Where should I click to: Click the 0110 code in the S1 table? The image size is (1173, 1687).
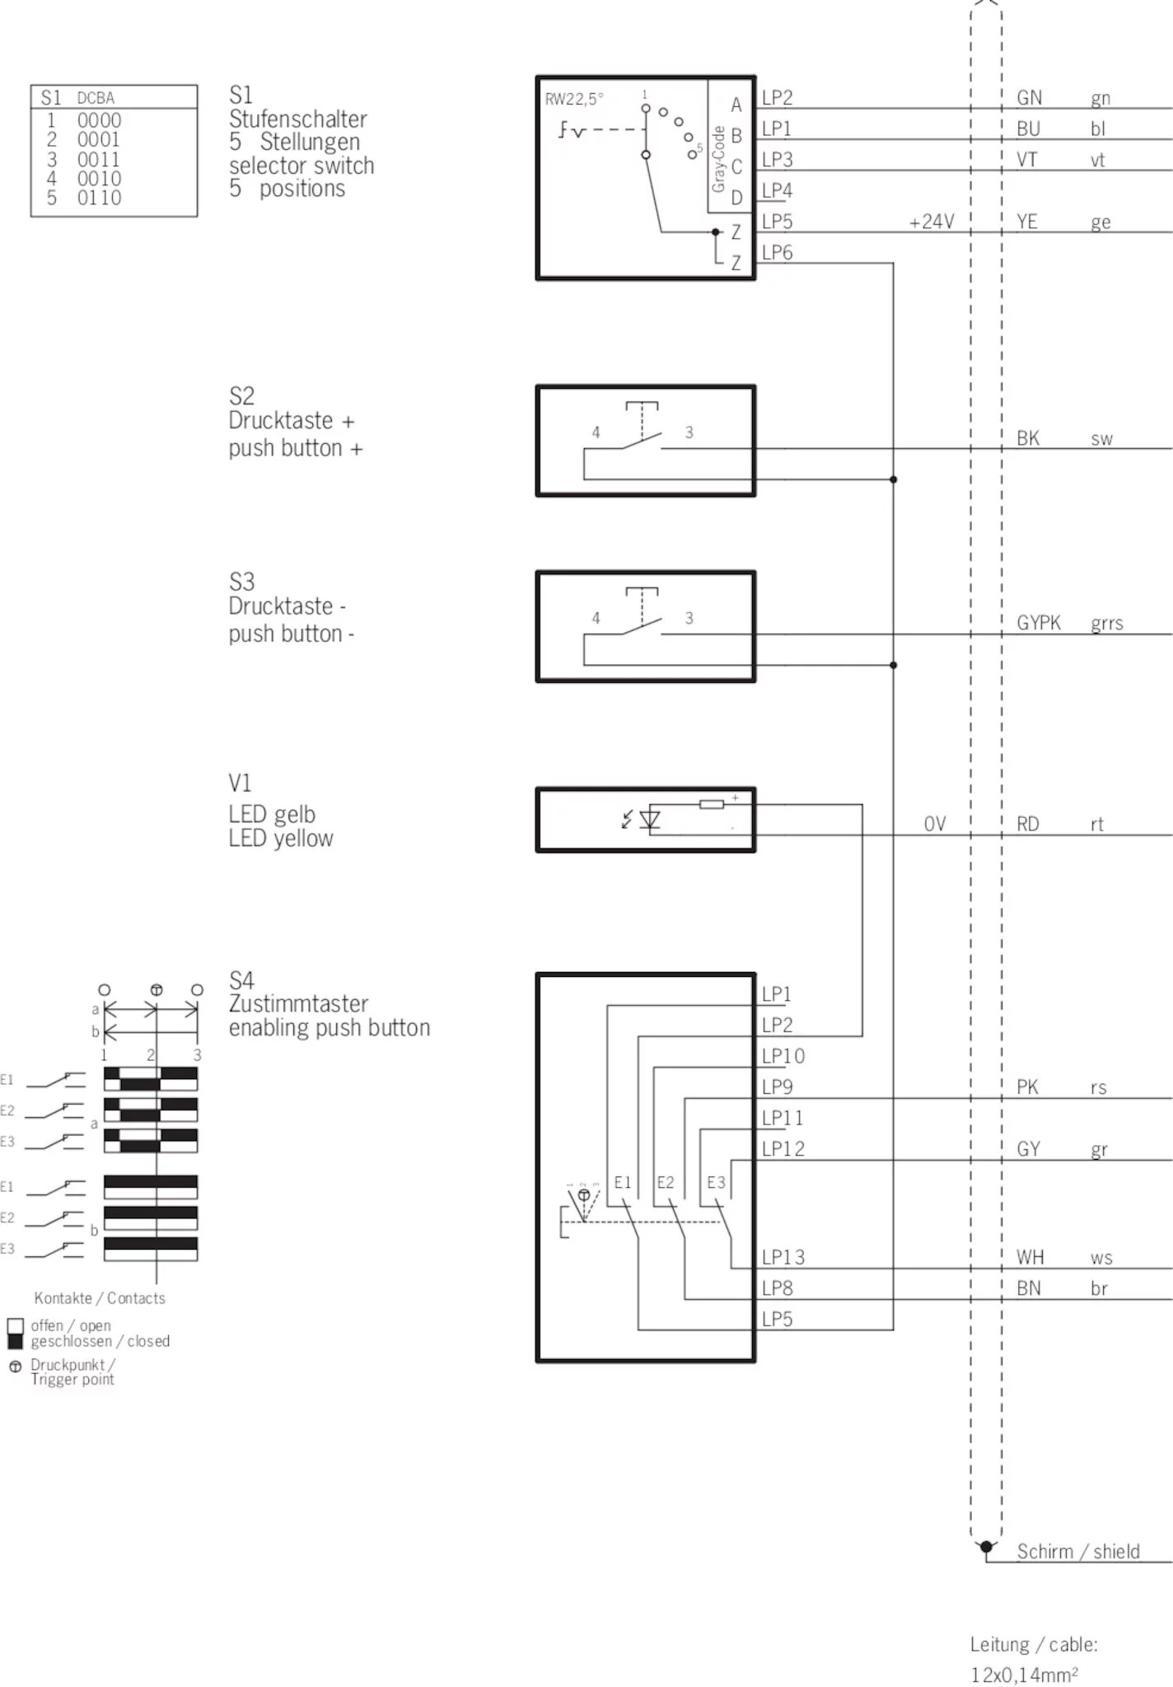click(99, 198)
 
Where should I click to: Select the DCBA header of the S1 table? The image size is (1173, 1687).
click(96, 98)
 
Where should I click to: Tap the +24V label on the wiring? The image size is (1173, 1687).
click(932, 222)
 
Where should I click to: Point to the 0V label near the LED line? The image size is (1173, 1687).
click(934, 824)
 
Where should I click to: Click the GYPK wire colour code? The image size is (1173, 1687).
click(1038, 623)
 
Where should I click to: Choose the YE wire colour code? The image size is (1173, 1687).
click(1026, 222)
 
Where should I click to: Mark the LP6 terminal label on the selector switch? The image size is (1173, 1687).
click(777, 253)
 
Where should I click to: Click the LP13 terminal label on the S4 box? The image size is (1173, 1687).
click(783, 1257)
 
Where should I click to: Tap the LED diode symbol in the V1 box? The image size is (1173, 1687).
click(650, 820)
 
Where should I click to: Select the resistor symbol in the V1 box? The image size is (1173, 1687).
click(711, 804)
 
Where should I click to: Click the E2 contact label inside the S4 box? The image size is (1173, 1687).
click(665, 1183)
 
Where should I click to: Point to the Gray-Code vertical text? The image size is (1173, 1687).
click(718, 159)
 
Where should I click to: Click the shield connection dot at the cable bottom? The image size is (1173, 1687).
click(986, 1547)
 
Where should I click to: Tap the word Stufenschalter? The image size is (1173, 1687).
click(297, 119)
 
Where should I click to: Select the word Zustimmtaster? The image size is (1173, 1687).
click(298, 1003)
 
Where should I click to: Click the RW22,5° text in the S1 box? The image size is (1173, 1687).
click(573, 100)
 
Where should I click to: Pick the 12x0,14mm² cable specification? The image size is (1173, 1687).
click(1024, 1675)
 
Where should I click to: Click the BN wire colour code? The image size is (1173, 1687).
click(1028, 1288)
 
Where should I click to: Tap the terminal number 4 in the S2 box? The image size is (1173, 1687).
click(596, 432)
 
